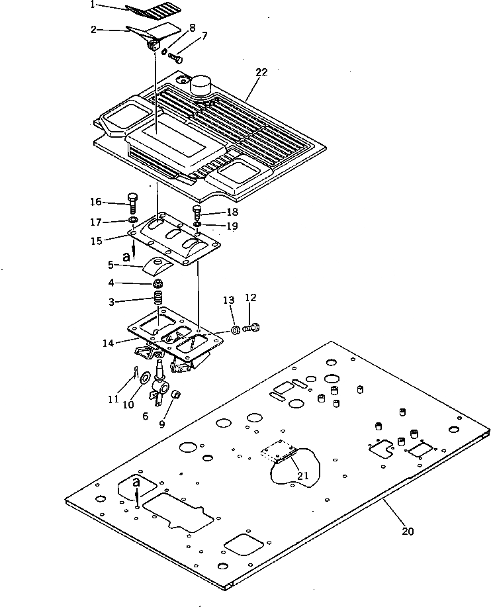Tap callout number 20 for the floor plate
click(408, 531)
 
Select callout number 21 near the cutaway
click(302, 475)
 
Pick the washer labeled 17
click(132, 220)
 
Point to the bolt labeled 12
click(253, 327)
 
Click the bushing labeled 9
click(177, 395)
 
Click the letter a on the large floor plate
click(136, 482)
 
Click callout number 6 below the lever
click(144, 416)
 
